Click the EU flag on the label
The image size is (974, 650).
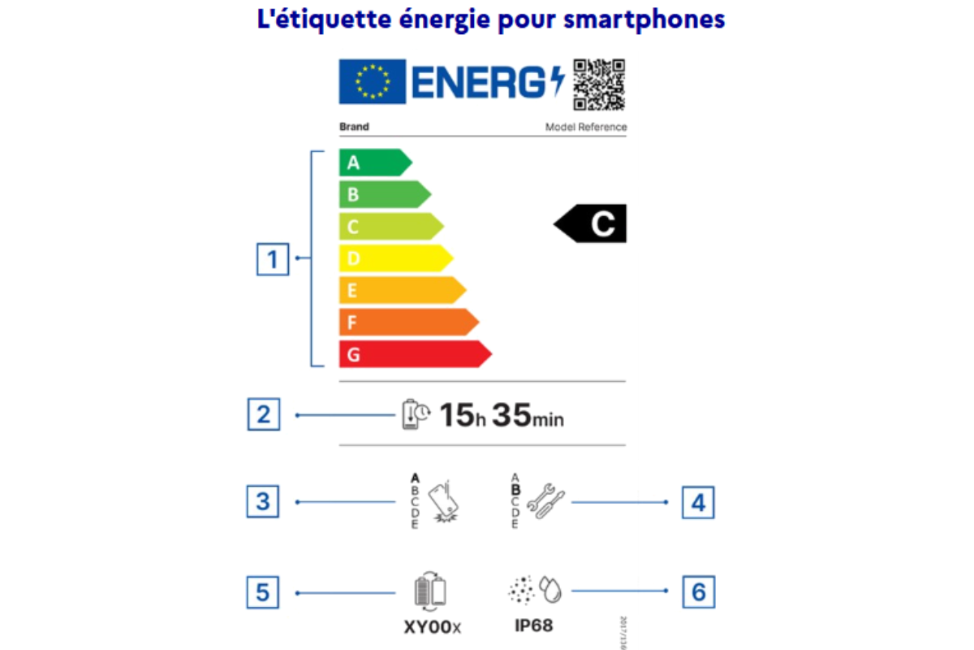pos(373,81)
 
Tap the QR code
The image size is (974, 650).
pos(600,84)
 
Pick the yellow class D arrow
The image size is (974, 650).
pos(394,258)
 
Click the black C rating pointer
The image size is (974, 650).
pos(591,223)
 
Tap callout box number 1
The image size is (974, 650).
pos(272,261)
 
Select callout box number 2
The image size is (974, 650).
pos(263,415)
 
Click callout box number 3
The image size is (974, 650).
pos(263,501)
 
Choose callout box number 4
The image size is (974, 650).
pos(697,503)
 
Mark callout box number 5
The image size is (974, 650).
pos(262,592)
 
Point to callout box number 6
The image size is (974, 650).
pos(698,591)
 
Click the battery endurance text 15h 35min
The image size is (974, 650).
pos(501,416)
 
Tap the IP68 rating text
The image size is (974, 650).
pos(534,626)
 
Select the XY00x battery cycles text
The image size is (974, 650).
pos(432,626)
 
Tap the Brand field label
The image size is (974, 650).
pos(353,127)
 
